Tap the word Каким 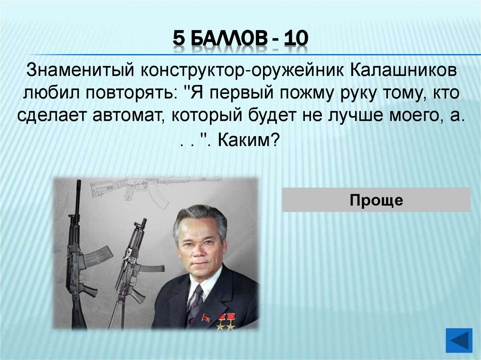tap(249, 140)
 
